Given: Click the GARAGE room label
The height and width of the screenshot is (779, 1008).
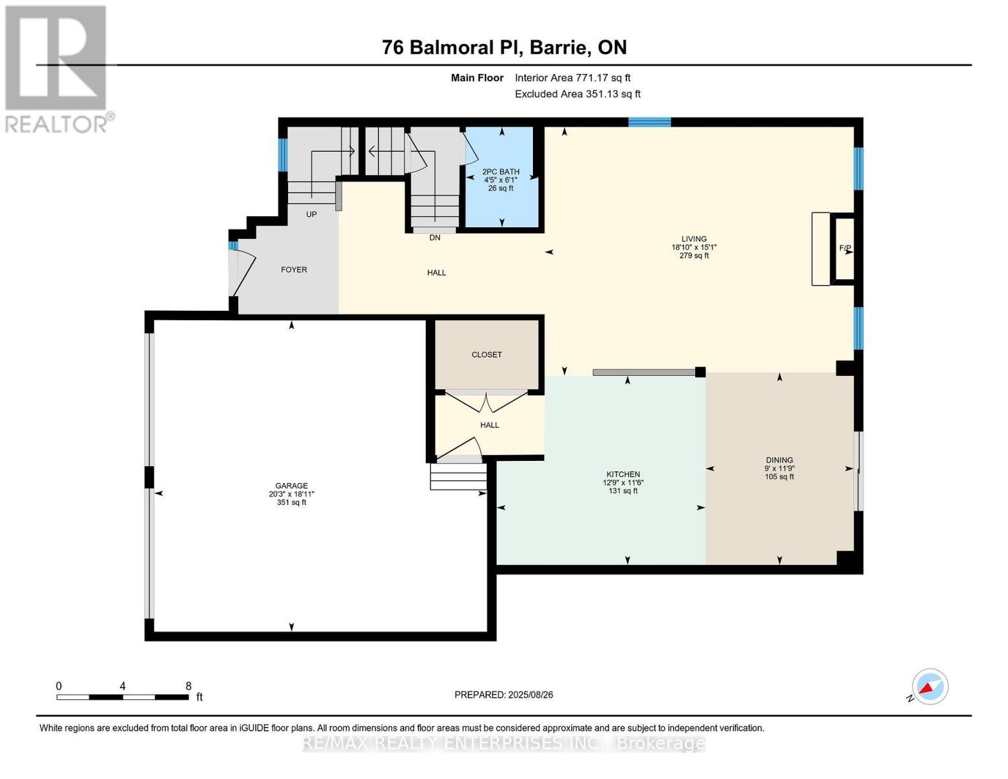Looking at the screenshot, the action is pos(291,486).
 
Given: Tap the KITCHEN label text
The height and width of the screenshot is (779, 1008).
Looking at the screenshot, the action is pos(623,474).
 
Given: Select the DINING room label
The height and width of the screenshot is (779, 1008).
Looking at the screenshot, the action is pos(780,460).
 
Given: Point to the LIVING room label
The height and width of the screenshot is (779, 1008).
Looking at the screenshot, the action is pos(694,239).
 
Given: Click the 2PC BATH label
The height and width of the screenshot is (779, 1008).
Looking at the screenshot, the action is pos(500,171).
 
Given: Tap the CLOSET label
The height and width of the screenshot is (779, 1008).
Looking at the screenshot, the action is pos(487,354).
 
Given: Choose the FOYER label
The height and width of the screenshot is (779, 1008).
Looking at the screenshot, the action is pos(293,269).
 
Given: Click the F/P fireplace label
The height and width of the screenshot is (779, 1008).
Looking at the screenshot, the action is pos(844,248).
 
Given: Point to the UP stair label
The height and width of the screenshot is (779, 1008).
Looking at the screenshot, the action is pos(312,214).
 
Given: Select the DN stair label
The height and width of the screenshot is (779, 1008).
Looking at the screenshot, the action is pos(435,238).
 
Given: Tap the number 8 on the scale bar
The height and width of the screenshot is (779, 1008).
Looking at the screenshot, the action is pos(188,686).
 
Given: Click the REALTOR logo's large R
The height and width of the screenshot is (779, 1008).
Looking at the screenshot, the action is pos(56,58).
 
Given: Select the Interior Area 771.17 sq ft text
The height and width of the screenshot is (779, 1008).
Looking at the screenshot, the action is pos(572,78).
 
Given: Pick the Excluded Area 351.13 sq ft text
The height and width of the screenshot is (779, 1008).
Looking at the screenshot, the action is pos(578,93).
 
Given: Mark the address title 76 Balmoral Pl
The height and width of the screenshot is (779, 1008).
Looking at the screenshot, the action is pos(453,47).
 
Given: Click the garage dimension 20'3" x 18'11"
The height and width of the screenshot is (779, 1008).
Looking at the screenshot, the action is pos(291,494).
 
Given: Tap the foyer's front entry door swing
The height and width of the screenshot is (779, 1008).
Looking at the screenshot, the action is pos(242,273).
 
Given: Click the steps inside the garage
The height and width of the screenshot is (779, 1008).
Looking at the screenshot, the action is pos(458,477).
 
